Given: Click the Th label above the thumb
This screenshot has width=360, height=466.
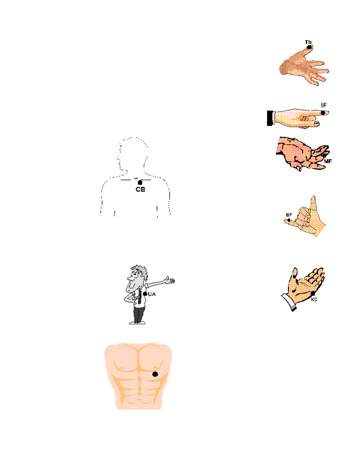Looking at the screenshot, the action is click(x=308, y=42).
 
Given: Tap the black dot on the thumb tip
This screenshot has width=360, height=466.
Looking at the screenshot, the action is click(x=309, y=47).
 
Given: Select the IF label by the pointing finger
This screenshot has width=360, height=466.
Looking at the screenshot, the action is click(x=324, y=105).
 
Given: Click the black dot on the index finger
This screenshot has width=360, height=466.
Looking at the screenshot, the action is click(x=323, y=113).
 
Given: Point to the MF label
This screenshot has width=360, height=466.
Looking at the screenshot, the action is click(x=328, y=161).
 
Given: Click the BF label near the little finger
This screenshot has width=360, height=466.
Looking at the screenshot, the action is click(x=289, y=215).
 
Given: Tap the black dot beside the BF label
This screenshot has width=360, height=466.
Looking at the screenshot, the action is click(x=289, y=220).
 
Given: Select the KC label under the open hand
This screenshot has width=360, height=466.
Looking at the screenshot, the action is click(x=314, y=300).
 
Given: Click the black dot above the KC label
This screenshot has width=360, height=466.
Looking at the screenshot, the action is click(x=313, y=294).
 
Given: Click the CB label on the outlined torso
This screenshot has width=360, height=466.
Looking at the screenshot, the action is click(x=140, y=189).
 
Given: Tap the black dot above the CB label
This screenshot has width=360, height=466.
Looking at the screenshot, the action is click(x=140, y=182).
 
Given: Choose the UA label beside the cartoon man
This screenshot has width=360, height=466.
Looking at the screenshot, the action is click(x=152, y=294).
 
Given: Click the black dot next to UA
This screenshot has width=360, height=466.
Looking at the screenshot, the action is click(x=145, y=294).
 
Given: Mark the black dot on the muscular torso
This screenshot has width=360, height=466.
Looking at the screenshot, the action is click(x=155, y=374).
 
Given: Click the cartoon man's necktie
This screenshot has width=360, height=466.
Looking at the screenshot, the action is click(x=140, y=298).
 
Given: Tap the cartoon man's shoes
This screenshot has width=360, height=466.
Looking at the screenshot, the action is click(x=137, y=322).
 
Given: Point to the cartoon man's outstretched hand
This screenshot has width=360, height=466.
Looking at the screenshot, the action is click(x=170, y=280).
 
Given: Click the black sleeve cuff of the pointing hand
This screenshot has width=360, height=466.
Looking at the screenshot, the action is click(x=270, y=118).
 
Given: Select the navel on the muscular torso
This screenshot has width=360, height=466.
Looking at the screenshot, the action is click(x=139, y=400).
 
